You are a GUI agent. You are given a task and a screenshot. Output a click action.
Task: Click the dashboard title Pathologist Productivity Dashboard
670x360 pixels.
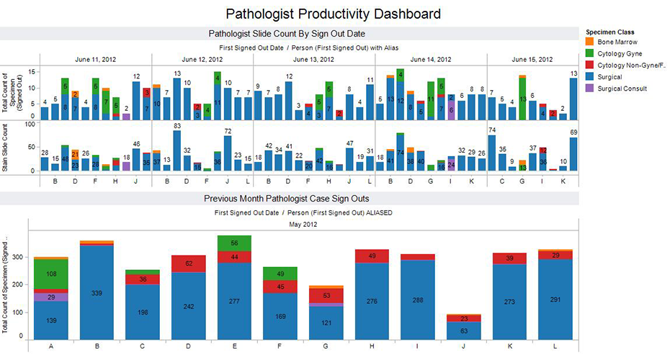point(333,14)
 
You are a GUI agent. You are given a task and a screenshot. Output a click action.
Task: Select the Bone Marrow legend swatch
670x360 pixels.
point(591,42)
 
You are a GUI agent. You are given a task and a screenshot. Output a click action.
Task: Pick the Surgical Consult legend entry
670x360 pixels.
point(620,89)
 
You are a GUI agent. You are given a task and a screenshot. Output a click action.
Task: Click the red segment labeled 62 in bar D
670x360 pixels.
point(189,264)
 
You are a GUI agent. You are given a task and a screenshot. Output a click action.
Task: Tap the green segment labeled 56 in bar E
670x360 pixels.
point(234,244)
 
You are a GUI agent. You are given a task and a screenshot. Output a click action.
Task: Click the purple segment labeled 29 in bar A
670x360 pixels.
point(51,297)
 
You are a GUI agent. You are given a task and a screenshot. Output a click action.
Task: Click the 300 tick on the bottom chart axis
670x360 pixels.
point(17,257)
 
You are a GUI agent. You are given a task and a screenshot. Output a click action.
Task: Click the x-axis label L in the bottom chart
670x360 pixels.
point(554,347)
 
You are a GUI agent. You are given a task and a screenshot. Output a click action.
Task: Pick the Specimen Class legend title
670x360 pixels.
point(609,32)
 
